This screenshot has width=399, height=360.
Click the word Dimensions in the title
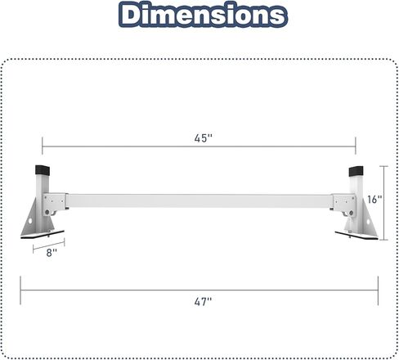coord(199,16)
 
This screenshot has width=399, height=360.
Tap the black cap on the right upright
coord(356,174)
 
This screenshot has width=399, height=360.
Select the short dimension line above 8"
coord(48,244)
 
